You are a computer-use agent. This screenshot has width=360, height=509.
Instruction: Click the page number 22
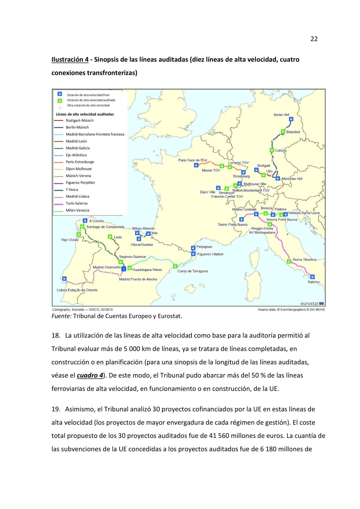(x=314, y=39)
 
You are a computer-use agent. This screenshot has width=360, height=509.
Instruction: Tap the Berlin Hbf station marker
(x=291, y=119)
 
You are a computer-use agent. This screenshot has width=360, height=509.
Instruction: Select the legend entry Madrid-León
(x=76, y=141)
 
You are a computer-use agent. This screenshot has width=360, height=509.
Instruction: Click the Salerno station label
(x=314, y=282)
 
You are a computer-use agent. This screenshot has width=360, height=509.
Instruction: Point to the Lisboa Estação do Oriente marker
(x=64, y=279)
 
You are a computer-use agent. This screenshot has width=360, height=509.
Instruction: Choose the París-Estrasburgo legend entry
(x=80, y=162)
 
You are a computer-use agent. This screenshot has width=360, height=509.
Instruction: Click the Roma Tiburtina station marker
(x=289, y=261)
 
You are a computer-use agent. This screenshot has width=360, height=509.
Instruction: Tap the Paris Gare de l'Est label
(x=193, y=160)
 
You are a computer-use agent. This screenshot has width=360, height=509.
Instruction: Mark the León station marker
(x=110, y=237)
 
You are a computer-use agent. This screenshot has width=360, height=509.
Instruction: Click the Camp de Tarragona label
(x=193, y=271)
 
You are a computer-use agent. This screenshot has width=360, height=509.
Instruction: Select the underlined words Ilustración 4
(x=70, y=60)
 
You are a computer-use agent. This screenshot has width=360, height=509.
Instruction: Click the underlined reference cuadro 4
(x=90, y=375)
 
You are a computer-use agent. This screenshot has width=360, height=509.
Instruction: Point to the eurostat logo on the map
(x=312, y=304)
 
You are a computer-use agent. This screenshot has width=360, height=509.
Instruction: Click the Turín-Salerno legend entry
(x=77, y=204)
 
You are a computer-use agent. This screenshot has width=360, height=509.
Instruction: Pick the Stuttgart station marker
(x=256, y=170)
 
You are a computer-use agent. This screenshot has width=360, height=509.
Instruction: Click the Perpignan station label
(x=204, y=247)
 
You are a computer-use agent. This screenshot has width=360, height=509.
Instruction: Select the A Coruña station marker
(x=85, y=220)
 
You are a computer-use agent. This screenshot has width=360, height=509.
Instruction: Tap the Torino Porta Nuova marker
(x=242, y=219)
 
